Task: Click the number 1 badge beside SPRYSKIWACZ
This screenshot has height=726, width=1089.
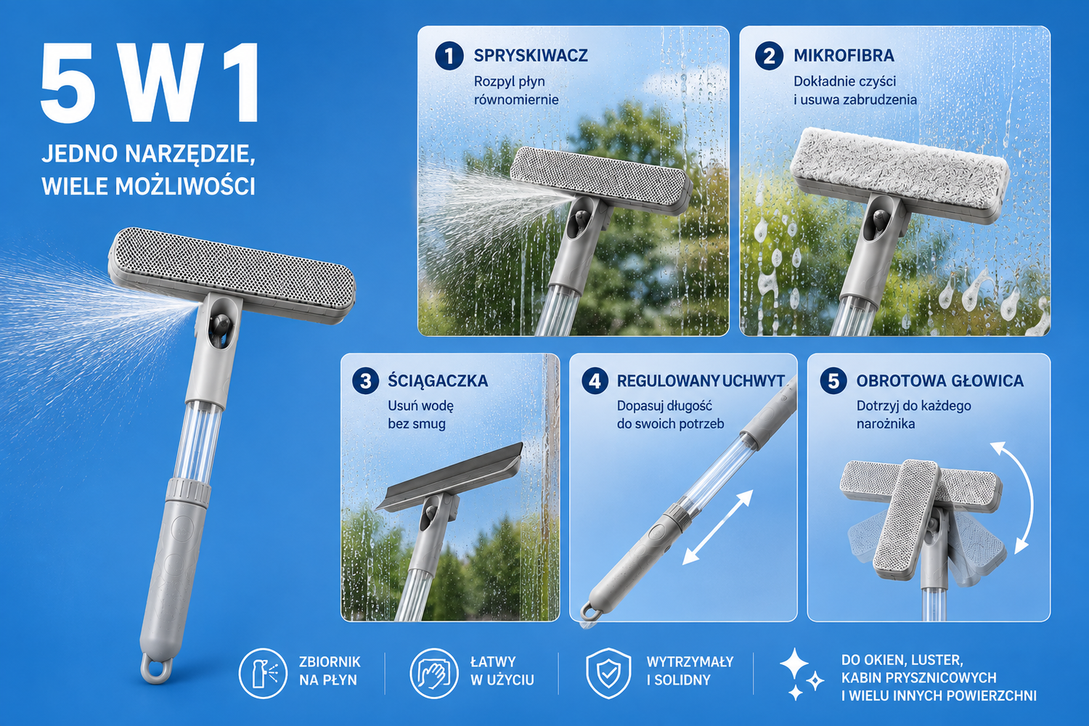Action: (x=449, y=56)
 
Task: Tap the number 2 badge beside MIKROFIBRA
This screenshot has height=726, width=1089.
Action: (x=769, y=56)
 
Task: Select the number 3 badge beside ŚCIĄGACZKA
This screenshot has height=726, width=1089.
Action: (x=366, y=380)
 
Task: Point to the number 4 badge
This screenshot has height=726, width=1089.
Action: (x=595, y=380)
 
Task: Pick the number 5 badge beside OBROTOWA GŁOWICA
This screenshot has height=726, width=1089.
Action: (x=833, y=380)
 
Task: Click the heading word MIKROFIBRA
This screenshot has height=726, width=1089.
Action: (x=844, y=55)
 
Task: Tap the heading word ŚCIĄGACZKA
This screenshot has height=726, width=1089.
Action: (x=438, y=380)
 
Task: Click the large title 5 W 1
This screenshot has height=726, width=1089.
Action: (x=150, y=83)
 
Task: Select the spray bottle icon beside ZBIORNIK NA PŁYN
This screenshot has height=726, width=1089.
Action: (x=263, y=674)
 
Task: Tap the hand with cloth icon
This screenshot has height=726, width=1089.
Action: (x=434, y=674)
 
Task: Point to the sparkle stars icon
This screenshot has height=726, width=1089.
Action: (x=801, y=674)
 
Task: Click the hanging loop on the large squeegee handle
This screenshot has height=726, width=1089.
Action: (x=157, y=669)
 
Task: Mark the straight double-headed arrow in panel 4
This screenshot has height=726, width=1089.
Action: (x=717, y=528)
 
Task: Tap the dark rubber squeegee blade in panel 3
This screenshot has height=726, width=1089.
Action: (x=449, y=476)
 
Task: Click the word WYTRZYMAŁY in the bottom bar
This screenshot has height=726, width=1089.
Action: (x=690, y=662)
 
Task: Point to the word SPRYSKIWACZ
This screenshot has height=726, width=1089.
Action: (x=531, y=55)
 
